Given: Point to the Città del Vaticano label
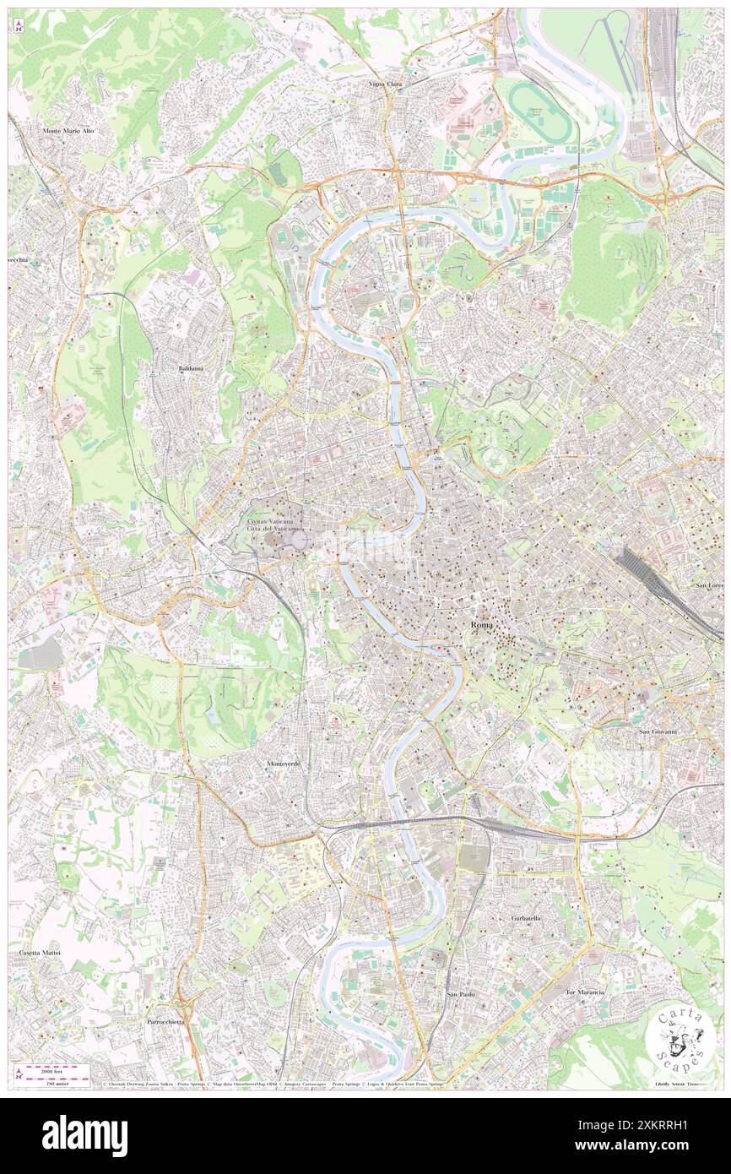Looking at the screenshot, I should pyautogui.click(x=273, y=529).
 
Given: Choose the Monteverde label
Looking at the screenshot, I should pyautogui.click(x=284, y=764).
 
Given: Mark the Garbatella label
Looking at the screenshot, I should pyautogui.click(x=526, y=917).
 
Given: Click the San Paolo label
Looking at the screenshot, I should pyautogui.click(x=461, y=994).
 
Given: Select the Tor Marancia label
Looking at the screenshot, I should pyautogui.click(x=585, y=992).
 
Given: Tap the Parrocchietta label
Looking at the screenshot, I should pyautogui.click(x=165, y=1021).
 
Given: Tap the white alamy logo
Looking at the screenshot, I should pyautogui.click(x=84, y=1135).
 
